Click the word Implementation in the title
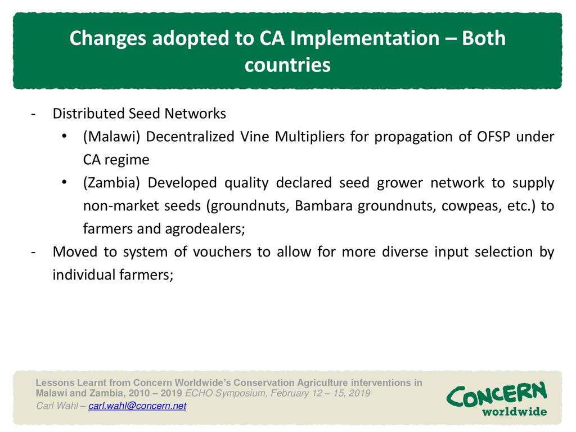click(364, 39)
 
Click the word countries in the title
click(287, 65)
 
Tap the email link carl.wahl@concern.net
click(137, 406)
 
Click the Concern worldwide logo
click(497, 399)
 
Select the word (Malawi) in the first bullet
click(112, 137)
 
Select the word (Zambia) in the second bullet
click(111, 183)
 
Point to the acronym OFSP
click(493, 137)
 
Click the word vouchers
click(222, 252)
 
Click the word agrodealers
click(205, 229)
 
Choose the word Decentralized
click(190, 137)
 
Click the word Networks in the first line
click(195, 114)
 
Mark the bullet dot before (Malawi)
click(64, 136)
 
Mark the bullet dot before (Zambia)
click(64, 182)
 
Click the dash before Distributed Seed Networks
click(33, 114)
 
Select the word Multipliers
click(310, 137)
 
